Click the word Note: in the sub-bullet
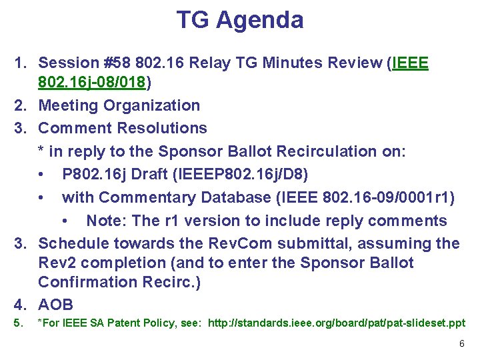click(107, 221)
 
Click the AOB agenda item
click(56, 305)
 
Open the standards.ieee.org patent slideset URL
click(337, 323)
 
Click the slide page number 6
click(461, 343)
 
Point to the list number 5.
click(19, 323)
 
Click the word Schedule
click(73, 243)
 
